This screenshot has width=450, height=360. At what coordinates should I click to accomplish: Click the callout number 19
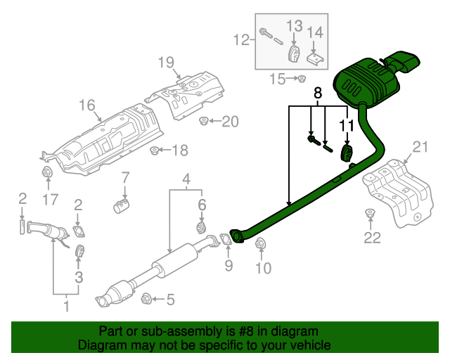[x=165, y=63]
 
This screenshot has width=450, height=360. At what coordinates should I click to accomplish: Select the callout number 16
[x=86, y=105]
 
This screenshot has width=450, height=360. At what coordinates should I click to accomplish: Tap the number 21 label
[x=420, y=147]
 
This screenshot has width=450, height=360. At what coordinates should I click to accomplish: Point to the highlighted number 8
[x=317, y=92]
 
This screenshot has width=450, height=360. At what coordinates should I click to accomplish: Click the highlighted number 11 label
[x=346, y=125]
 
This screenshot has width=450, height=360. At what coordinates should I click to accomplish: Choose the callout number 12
[x=241, y=41]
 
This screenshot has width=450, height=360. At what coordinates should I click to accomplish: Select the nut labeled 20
[x=203, y=122]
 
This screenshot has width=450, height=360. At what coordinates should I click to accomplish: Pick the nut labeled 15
[x=300, y=78]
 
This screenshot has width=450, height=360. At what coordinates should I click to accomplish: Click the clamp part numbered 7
[x=123, y=205]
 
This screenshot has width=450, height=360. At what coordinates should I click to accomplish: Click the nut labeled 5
[x=146, y=299]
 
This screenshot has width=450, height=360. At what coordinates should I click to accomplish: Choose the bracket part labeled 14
[x=316, y=58]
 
